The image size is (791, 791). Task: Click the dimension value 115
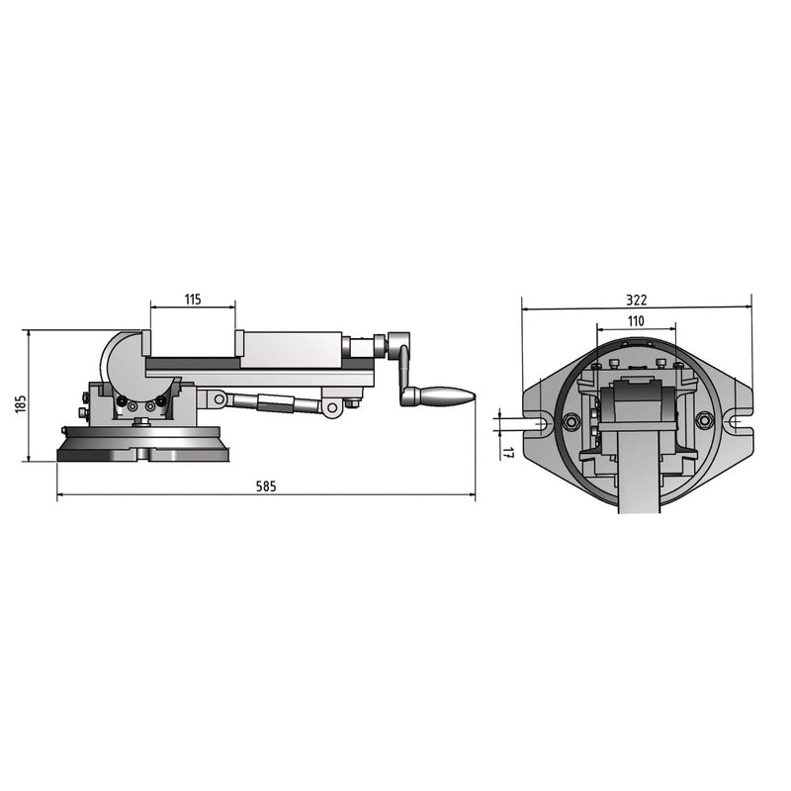[193, 299]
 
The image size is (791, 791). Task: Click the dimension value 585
[265, 486]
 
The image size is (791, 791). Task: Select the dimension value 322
[638, 299]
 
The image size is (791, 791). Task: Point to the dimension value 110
[637, 320]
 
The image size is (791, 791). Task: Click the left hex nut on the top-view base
[570, 422]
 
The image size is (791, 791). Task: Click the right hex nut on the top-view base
[704, 422]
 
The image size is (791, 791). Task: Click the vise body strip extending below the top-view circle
[637, 484]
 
